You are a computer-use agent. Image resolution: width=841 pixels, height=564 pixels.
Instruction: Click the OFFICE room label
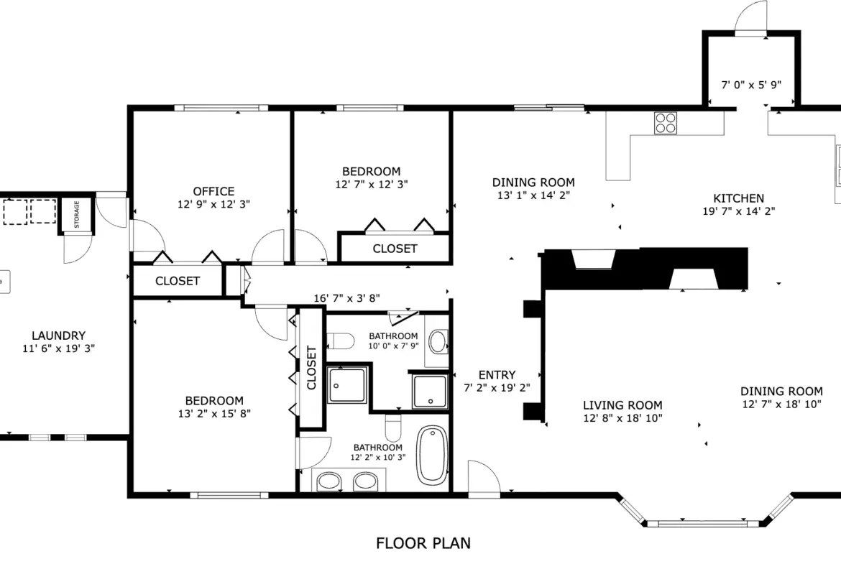[213, 191]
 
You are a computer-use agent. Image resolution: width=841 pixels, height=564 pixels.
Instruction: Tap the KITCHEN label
[738, 198]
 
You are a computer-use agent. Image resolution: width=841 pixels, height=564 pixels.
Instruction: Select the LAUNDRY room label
[58, 336]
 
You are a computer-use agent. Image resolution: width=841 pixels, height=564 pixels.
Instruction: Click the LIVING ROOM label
[622, 405]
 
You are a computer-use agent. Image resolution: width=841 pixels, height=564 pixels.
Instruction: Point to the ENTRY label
[497, 375]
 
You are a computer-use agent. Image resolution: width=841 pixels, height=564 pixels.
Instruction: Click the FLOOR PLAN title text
[423, 543]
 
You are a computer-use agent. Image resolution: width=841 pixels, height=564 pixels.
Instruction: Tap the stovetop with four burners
[665, 123]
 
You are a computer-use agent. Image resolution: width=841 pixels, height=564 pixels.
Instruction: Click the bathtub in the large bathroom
[432, 456]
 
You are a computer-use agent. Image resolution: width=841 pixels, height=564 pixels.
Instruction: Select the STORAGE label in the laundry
[77, 214]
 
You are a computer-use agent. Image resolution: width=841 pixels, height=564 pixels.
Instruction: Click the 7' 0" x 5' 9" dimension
[751, 85]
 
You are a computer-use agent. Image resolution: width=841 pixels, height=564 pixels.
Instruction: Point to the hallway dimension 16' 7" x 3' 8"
[346, 298]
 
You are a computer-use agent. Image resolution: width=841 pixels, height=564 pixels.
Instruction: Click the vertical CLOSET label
[311, 368]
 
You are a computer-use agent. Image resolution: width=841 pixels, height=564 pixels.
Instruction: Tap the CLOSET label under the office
[178, 281]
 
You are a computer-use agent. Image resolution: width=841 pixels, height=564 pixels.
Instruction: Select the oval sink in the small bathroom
[438, 341]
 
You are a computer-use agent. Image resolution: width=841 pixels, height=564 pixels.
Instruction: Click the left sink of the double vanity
[328, 481]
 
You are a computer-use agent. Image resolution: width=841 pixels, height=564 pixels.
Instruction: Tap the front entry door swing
[484, 476]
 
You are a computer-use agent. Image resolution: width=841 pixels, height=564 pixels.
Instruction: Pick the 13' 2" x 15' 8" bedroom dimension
[214, 413]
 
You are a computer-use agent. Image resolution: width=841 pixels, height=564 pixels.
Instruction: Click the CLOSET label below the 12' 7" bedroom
[395, 249]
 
